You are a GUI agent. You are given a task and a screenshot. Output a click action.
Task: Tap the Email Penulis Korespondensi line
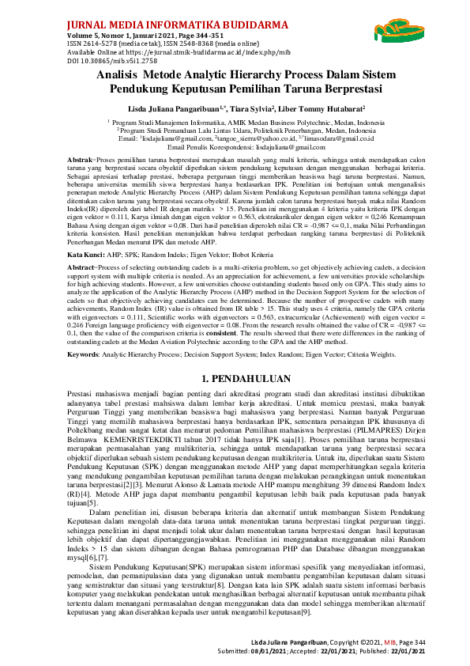(235, 147)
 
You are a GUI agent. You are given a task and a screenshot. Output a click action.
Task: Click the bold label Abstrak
(80, 160)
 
